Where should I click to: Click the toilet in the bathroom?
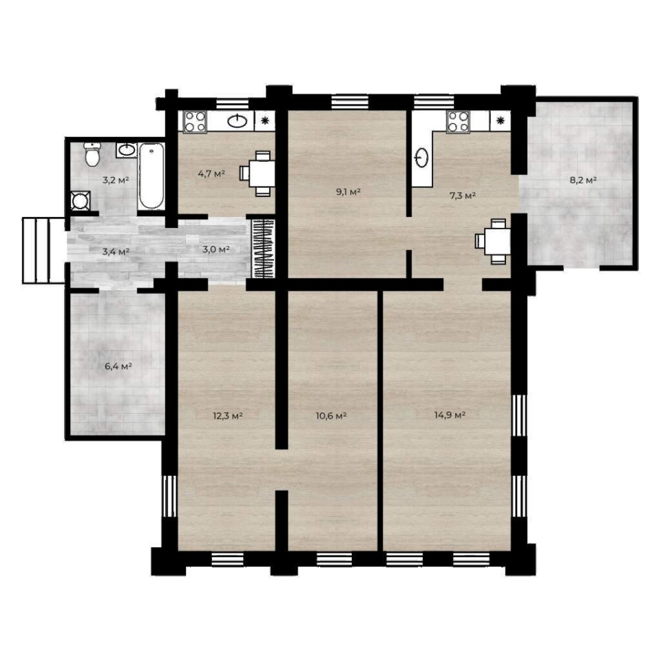(92, 154)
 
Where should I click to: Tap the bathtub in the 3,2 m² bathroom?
(151, 176)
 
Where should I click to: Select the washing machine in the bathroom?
(80, 200)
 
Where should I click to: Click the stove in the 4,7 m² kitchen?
(195, 122)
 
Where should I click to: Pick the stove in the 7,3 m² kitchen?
(459, 122)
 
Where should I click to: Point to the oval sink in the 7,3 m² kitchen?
(422, 158)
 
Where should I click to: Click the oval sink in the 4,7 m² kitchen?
(238, 121)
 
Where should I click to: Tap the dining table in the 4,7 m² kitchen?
(258, 174)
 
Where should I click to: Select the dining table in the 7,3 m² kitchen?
(494, 241)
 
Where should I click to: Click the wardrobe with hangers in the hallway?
(263, 249)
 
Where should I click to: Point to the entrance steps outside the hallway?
(43, 250)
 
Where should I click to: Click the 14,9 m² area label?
(450, 415)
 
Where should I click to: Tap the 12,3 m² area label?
(228, 416)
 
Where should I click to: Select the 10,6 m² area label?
(331, 416)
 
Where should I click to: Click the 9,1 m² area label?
(348, 192)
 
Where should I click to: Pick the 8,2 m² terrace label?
(583, 180)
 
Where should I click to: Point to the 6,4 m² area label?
(118, 366)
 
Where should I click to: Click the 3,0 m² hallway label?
(216, 249)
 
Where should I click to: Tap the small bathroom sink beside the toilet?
(127, 149)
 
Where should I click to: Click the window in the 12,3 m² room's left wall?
(170, 496)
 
